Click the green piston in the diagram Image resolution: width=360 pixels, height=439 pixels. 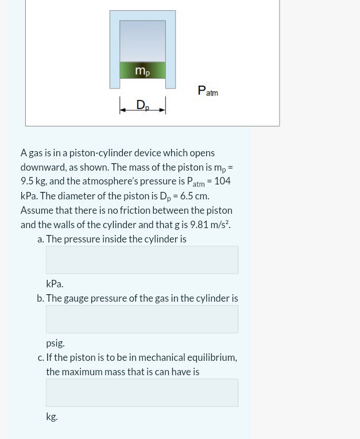142,70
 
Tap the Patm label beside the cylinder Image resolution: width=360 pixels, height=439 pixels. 208,91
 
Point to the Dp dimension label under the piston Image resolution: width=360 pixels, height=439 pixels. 142,105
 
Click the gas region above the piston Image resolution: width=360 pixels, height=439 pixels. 142,41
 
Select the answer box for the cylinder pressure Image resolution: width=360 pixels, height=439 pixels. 142,260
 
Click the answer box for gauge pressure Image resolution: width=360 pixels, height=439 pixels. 142,319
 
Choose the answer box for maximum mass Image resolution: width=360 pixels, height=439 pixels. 142,393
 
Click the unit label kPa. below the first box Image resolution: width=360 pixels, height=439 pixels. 55,284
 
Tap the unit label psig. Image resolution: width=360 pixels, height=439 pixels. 55,343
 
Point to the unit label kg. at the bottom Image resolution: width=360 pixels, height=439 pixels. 52,417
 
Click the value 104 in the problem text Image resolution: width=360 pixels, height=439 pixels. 222,181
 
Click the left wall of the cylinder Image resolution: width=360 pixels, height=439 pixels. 115,49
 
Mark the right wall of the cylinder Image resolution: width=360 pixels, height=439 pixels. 171,49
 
